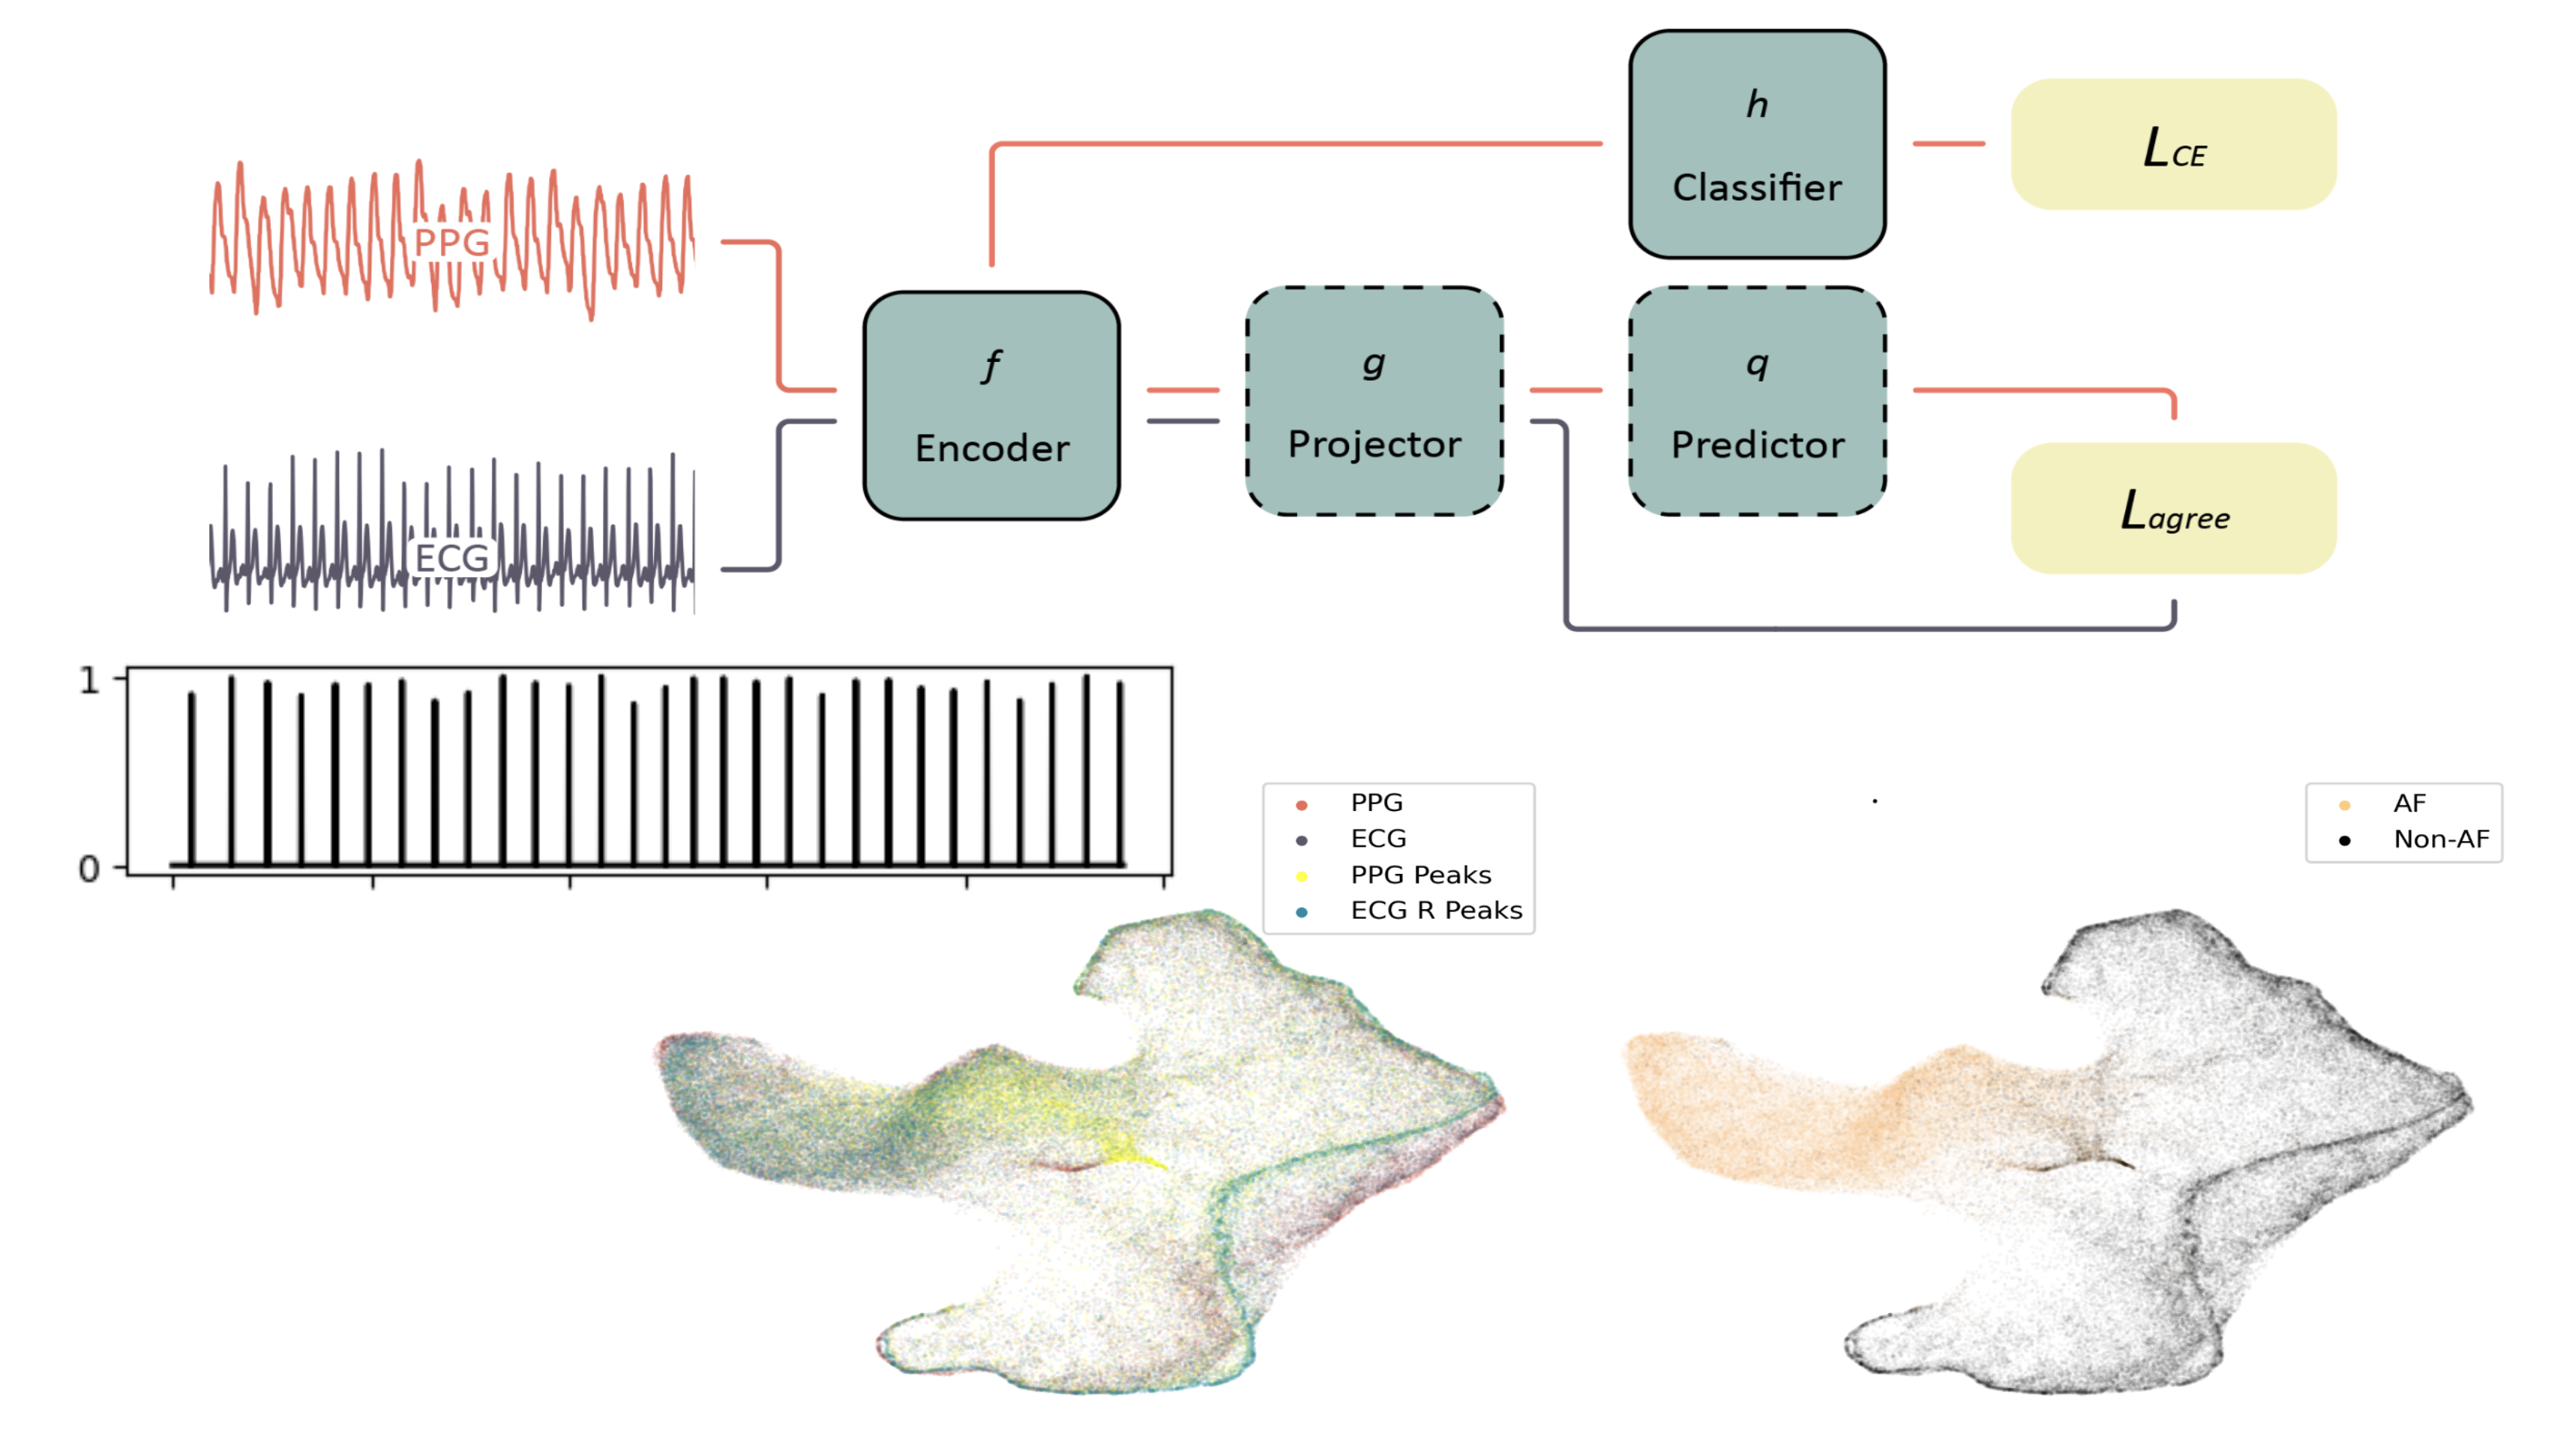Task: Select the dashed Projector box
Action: click(1374, 402)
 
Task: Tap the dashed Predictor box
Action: click(1756, 402)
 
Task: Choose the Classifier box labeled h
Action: click(1756, 145)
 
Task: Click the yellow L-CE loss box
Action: click(2172, 145)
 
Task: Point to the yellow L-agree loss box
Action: click(2172, 508)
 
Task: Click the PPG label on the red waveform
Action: click(451, 242)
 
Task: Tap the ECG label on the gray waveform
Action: click(451, 558)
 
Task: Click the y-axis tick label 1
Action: click(90, 681)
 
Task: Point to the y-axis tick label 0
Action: click(90, 869)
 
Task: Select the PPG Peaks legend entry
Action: click(1419, 875)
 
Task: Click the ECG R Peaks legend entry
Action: click(1435, 911)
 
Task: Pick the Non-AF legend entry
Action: click(2439, 840)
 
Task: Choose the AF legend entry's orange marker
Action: click(2343, 805)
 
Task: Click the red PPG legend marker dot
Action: click(1301, 805)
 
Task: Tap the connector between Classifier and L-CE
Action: click(1948, 143)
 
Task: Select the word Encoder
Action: click(992, 448)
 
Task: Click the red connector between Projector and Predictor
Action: click(1565, 390)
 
